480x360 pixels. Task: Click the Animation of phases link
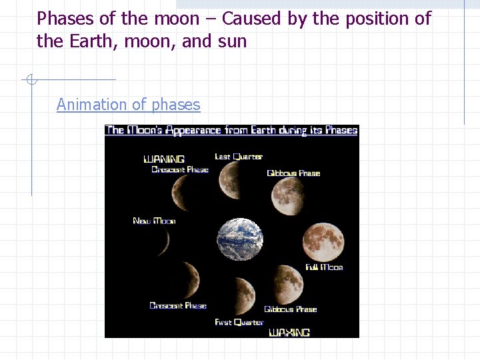[x=128, y=105]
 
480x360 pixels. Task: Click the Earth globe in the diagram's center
[x=240, y=239]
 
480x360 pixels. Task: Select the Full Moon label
[x=324, y=267]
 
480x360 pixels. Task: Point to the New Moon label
[x=154, y=221]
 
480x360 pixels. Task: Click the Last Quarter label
[x=239, y=157]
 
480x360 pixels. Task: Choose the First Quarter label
[x=239, y=323]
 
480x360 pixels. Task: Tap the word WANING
[x=164, y=159]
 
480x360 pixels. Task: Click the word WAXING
[x=289, y=332]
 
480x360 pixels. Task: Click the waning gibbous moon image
[x=288, y=197]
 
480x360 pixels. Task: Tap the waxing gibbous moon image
[x=287, y=283]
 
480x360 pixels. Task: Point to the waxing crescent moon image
[x=189, y=279]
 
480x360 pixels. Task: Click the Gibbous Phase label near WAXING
[x=291, y=309]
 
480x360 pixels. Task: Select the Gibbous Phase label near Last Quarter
[x=293, y=173]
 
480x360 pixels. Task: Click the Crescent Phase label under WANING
[x=180, y=169]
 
